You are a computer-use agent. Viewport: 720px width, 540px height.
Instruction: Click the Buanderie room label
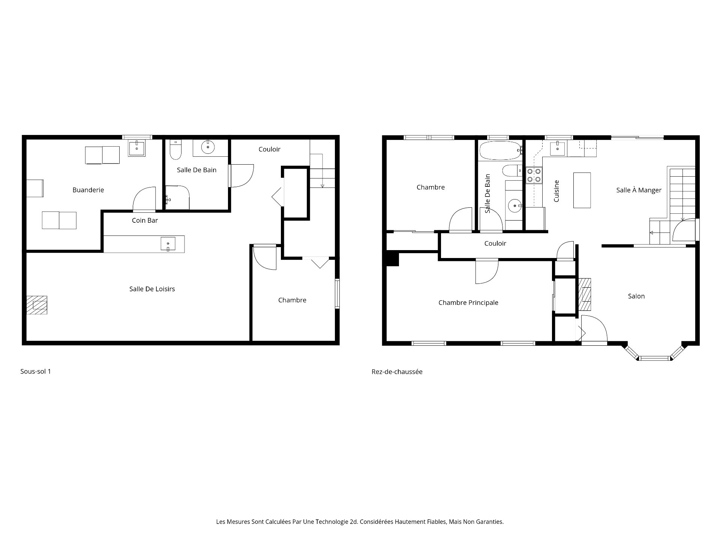(88, 190)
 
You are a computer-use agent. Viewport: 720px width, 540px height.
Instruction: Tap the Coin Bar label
(145, 220)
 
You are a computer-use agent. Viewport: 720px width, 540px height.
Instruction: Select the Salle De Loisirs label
(152, 289)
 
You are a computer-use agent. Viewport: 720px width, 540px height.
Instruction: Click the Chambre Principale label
(468, 303)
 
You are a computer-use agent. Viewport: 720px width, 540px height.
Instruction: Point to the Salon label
(636, 296)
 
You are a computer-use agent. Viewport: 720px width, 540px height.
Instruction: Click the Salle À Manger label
(639, 190)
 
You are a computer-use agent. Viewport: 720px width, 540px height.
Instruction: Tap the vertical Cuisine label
(556, 191)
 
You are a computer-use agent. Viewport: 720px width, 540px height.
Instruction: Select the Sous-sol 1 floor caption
(36, 372)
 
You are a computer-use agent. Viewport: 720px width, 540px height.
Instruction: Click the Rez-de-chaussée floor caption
(397, 372)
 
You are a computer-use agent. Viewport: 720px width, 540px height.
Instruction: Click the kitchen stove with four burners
(534, 175)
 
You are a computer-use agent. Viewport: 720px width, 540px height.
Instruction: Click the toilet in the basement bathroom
(175, 149)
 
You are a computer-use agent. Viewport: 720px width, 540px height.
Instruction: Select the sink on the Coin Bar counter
(168, 244)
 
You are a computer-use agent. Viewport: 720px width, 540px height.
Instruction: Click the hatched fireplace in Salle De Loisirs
(37, 305)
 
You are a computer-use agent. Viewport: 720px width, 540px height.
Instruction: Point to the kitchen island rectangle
(582, 190)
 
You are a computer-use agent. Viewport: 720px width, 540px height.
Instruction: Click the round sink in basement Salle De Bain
(208, 147)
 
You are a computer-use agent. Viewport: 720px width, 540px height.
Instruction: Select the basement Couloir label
(269, 149)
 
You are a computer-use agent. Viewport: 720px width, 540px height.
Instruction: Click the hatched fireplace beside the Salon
(585, 295)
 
